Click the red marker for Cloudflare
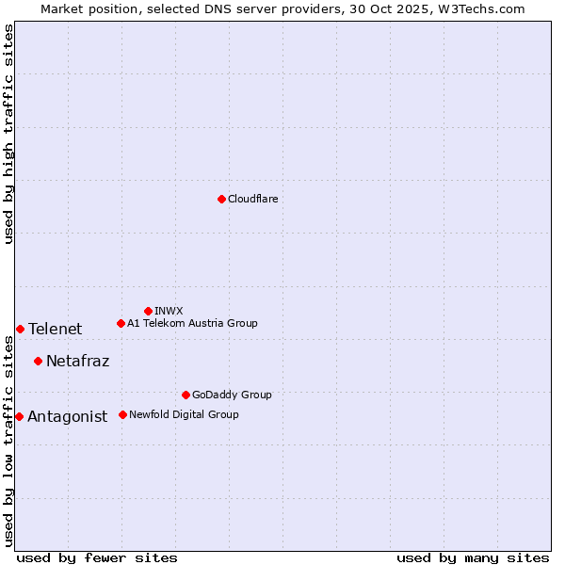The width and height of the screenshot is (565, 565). click(221, 199)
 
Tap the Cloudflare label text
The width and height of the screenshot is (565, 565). click(252, 200)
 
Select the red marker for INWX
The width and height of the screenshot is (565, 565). click(148, 311)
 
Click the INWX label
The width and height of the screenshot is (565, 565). click(169, 312)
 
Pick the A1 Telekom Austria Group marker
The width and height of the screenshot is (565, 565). click(121, 323)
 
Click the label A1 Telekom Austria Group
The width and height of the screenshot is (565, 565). click(192, 324)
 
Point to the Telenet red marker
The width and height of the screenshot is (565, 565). click(20, 329)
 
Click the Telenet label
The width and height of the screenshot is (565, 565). click(55, 330)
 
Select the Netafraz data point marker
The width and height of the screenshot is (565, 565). click(38, 361)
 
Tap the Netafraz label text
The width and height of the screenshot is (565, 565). click(77, 362)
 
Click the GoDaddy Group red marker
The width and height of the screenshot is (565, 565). click(186, 395)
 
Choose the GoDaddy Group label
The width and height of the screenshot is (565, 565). click(231, 395)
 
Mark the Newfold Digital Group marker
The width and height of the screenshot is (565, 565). click(122, 414)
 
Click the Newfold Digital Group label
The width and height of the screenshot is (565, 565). click(184, 415)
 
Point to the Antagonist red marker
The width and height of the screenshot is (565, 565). click(19, 416)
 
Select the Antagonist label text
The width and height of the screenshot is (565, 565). click(67, 417)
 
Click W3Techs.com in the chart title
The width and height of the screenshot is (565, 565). click(486, 8)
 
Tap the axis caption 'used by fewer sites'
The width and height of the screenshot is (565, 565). click(97, 558)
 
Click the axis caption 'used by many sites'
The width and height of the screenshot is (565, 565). click(473, 558)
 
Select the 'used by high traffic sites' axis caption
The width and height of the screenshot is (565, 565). click(8, 134)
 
